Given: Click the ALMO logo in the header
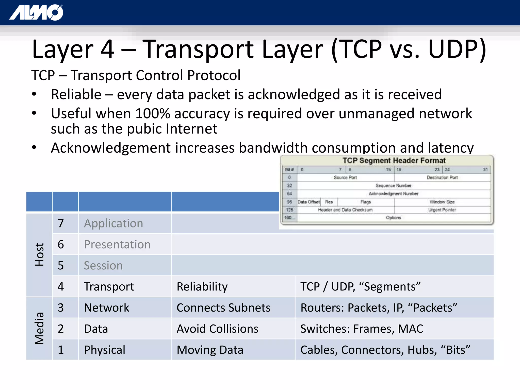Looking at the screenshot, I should coord(36,12).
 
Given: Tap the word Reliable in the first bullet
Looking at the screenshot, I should coord(76,94).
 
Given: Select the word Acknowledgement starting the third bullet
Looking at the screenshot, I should coord(111,148).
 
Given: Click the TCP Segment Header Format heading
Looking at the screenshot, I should coord(394,160).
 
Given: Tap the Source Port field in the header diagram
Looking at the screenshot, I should coord(345,177).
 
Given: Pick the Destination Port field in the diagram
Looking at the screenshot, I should coord(442,177).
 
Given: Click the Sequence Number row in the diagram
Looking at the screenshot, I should coord(393,186).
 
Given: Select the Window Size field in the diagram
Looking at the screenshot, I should coord(442,202).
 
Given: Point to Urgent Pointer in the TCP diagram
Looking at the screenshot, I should coord(442,210).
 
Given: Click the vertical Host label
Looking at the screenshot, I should coord(40,254).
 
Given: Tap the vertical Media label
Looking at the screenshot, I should coord(40,328).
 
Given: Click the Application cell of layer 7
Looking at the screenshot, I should coord(113,223).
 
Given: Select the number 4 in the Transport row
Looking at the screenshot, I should coord(61,287).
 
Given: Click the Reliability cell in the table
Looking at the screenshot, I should coord(202,287).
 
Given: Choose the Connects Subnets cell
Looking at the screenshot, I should coord(223,308).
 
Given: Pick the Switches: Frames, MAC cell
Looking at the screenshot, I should coord(362,329).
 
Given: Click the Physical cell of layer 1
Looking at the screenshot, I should coord(105,350).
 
